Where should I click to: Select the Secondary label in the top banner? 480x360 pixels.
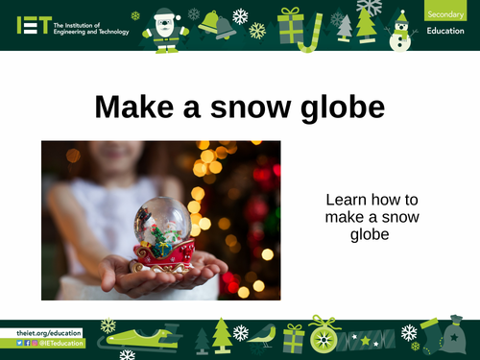coord(443,13)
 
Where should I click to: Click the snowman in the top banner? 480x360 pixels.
coord(401,29)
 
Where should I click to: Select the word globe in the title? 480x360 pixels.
coord(340,108)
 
